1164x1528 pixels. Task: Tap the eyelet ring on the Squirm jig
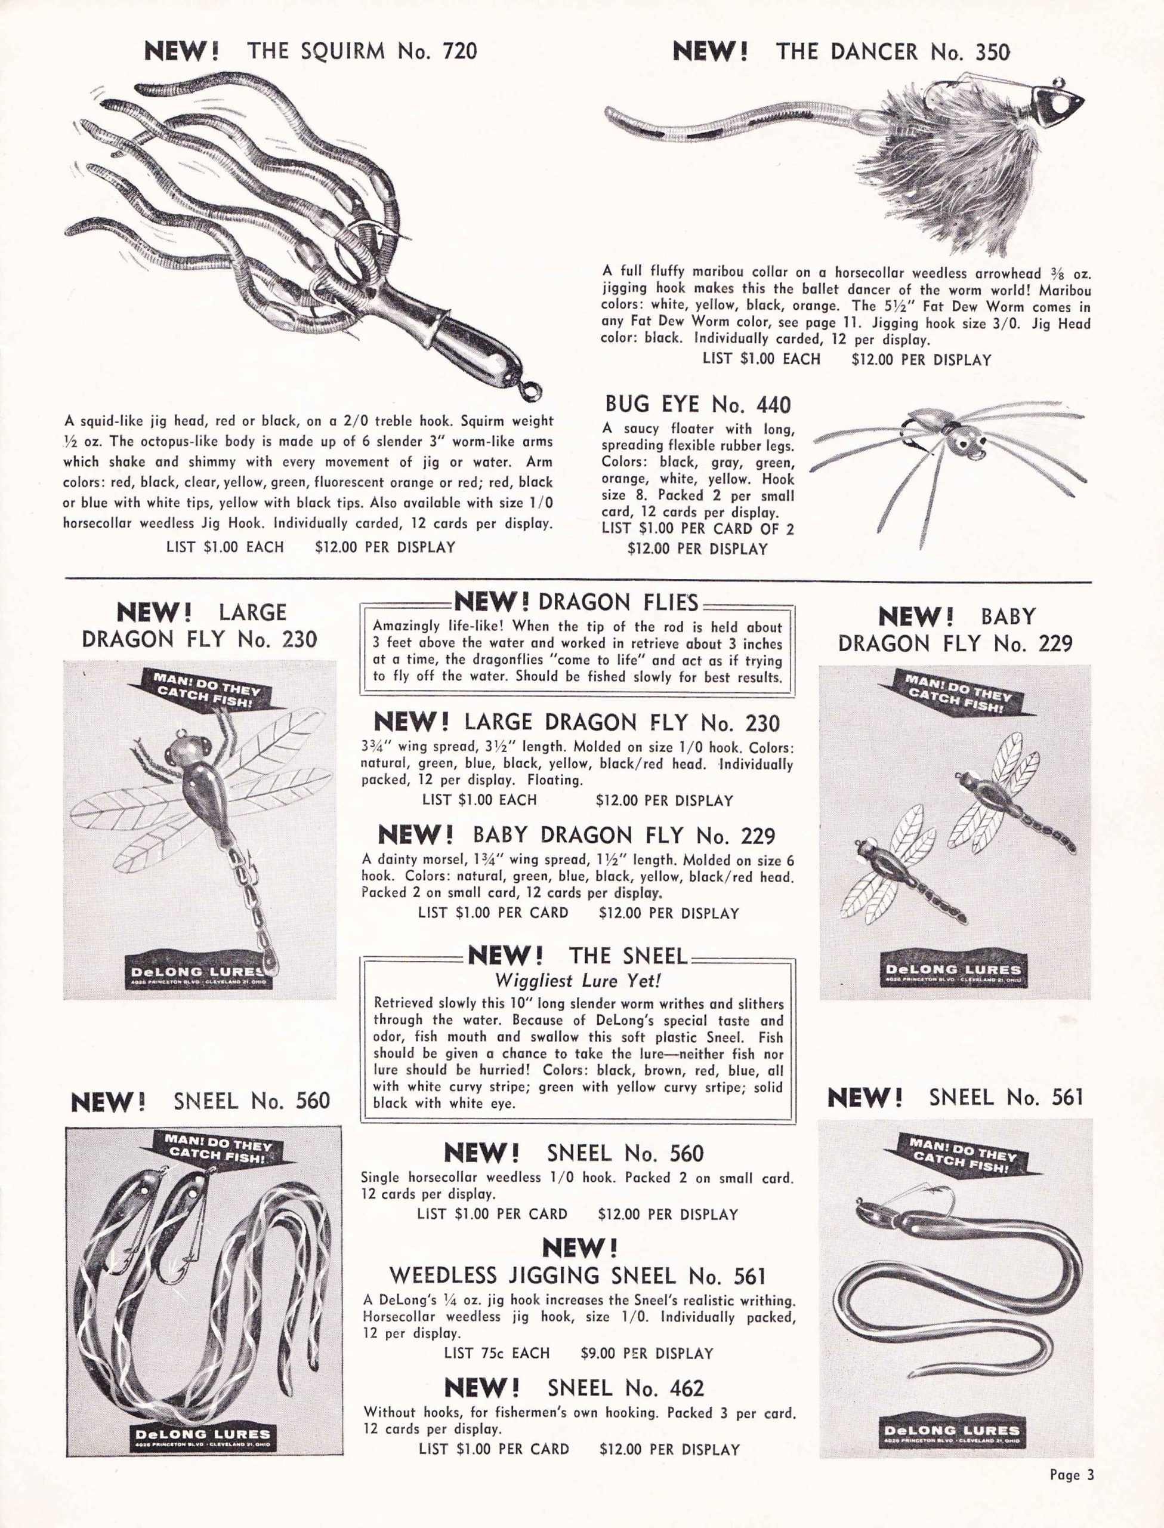point(531,390)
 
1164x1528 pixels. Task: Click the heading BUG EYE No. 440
point(697,404)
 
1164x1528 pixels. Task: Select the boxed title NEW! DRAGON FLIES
point(576,602)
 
